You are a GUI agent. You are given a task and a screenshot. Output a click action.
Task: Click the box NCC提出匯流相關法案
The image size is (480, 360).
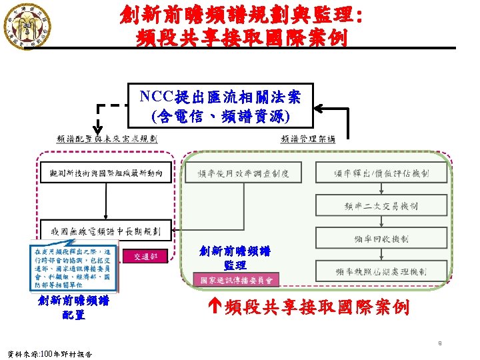220,107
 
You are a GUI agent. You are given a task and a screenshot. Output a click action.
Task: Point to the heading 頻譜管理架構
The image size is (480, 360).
308,139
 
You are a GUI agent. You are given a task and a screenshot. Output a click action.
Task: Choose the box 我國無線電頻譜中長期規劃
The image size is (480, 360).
106,231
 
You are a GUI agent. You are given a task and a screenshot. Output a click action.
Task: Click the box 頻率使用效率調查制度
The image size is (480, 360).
243,174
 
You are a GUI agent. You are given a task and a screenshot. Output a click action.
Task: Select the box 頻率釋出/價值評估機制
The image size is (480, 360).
381,174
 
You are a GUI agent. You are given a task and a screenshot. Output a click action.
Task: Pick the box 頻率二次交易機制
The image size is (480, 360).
381,206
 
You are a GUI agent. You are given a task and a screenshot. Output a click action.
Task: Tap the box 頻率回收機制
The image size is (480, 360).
381,238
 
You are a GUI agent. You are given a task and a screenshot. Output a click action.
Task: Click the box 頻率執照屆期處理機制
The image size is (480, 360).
381,271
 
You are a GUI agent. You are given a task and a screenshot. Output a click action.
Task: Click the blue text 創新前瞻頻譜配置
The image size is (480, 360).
73,307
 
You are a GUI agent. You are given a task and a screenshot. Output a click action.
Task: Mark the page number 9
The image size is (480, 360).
440,343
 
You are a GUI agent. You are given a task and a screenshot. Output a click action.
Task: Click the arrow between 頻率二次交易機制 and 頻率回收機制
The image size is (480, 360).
381,222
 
